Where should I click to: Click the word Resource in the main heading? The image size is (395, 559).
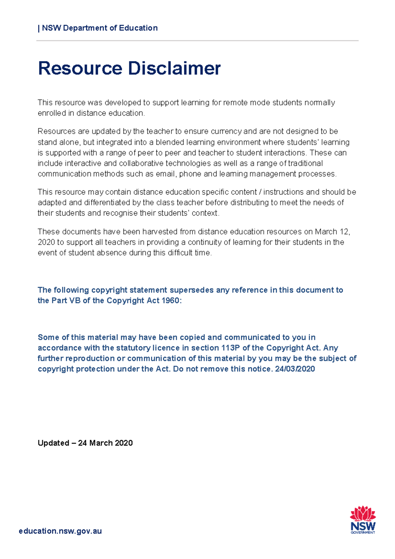coord(80,68)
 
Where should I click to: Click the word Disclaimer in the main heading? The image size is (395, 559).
coord(174,68)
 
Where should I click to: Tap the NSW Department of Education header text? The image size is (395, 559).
coord(100,28)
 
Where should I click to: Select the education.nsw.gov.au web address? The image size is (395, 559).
coord(60,531)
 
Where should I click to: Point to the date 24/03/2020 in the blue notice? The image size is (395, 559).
coord(295,369)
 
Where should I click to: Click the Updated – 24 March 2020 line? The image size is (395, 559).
coord(85,443)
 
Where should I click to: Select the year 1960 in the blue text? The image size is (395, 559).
coord(171,301)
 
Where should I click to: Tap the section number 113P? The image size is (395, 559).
coord(231,348)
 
